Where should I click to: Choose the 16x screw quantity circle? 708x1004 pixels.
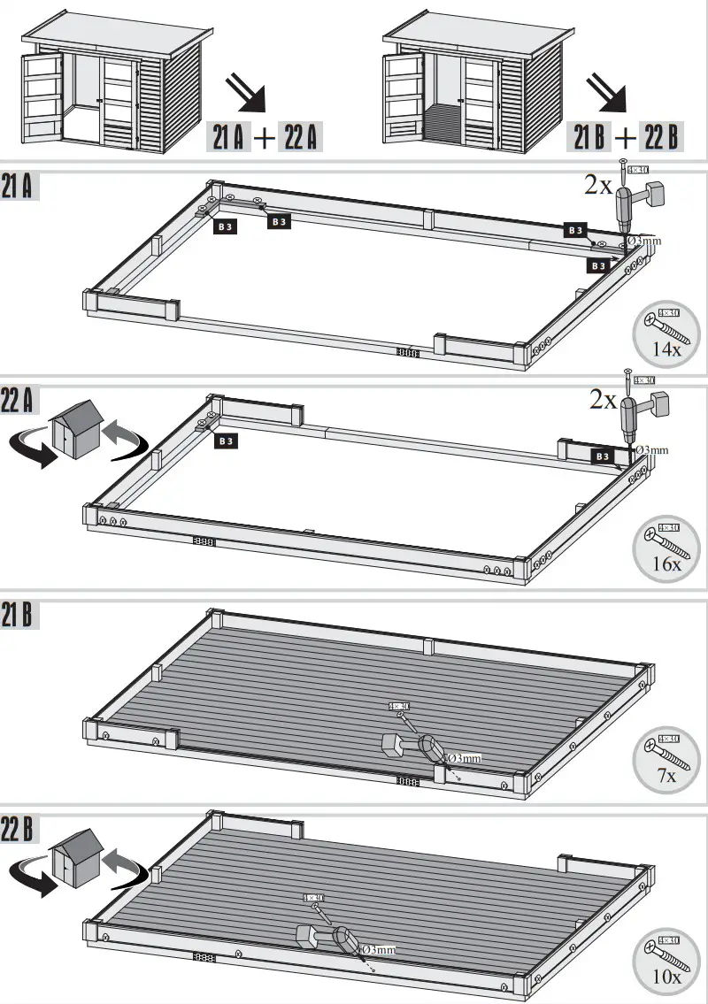coord(665,549)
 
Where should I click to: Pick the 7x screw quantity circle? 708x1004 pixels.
coord(665,761)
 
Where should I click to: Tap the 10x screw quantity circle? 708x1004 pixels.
coord(665,963)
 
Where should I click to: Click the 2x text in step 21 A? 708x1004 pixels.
coord(597,185)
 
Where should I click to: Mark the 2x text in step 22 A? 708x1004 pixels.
coord(604,400)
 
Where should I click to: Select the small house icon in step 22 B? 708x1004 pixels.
coord(77,855)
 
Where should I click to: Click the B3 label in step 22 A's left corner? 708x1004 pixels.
coord(226,440)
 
